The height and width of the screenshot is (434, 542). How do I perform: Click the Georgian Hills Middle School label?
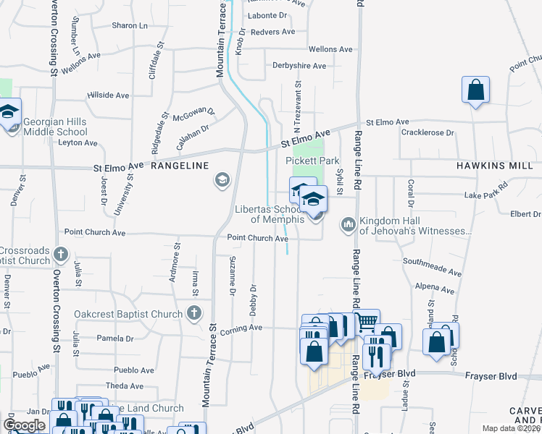click(x=55, y=127)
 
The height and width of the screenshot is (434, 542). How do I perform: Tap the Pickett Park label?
click(x=312, y=160)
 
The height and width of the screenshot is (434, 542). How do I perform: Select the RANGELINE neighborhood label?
click(x=180, y=166)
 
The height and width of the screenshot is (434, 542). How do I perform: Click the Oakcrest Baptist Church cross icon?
click(x=193, y=313)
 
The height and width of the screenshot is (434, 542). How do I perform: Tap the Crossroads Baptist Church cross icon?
click(x=61, y=254)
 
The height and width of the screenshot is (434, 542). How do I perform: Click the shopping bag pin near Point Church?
click(x=475, y=91)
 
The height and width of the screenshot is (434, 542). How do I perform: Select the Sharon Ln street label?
click(x=130, y=25)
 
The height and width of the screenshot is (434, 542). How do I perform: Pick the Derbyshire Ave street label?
click(x=299, y=66)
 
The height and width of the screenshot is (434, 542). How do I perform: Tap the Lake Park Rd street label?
click(x=486, y=196)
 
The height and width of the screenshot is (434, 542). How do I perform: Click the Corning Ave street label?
click(x=244, y=328)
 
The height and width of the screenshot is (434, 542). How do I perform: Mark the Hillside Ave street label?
click(x=107, y=95)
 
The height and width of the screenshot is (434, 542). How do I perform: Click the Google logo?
click(x=24, y=425)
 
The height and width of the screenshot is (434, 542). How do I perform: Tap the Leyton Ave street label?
click(x=77, y=142)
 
